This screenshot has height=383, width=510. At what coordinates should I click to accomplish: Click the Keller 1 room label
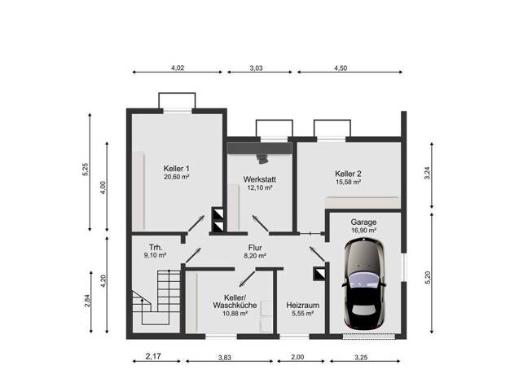pyautogui.click(x=176, y=169)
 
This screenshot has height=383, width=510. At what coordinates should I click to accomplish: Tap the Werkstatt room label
pyautogui.click(x=260, y=179)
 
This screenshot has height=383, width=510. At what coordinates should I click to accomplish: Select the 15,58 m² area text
pyautogui.click(x=348, y=182)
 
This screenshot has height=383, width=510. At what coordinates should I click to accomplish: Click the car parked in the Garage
pyautogui.click(x=364, y=284)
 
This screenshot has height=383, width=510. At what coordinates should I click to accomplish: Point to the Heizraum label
pyautogui.click(x=302, y=306)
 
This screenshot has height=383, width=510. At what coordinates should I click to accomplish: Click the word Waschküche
pyautogui.click(x=235, y=306)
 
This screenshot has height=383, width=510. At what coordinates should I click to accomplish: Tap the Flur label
pyautogui.click(x=255, y=248)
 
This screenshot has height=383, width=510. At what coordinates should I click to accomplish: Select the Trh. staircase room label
pyautogui.click(x=156, y=246)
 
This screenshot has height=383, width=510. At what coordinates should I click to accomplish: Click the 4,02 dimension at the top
pyautogui.click(x=178, y=68)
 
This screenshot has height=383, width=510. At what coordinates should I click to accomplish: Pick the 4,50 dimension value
pyautogui.click(x=341, y=68)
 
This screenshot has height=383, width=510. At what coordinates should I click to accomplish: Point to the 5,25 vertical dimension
pyautogui.click(x=86, y=169)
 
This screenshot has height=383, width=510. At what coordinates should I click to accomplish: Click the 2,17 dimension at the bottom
pyautogui.click(x=153, y=356)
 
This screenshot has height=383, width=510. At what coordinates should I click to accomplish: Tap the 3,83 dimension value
pyautogui.click(x=224, y=358)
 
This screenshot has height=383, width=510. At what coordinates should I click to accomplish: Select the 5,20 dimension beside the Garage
pyautogui.click(x=428, y=278)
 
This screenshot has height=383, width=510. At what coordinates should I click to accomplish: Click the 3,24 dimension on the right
pyautogui.click(x=427, y=173)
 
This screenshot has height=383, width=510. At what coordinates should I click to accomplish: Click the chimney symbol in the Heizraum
pyautogui.click(x=319, y=274)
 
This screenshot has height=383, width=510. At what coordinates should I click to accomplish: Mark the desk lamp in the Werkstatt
pyautogui.click(x=262, y=159)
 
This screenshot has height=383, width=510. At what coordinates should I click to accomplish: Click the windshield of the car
pyautogui.click(x=363, y=280)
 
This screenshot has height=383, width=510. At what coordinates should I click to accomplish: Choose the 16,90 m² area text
pyautogui.click(x=363, y=231)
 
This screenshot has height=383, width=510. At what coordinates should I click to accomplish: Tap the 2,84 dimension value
pyautogui.click(x=87, y=301)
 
